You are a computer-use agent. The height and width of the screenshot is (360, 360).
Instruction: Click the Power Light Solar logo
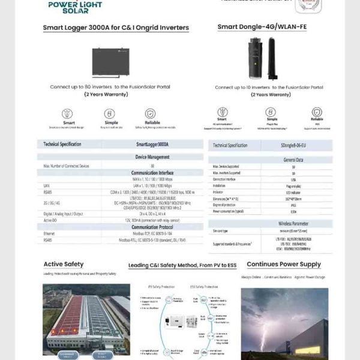point(75,7)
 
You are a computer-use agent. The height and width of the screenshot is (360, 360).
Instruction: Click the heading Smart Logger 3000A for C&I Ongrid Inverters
point(115,28)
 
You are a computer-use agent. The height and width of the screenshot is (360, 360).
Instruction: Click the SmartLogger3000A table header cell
point(152,145)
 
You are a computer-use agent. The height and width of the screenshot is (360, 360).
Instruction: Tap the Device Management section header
point(152,157)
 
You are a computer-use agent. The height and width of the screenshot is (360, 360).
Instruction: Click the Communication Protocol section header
point(152,227)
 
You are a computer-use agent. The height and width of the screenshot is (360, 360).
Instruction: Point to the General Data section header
point(293,160)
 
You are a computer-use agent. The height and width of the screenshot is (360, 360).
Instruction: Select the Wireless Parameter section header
point(293,223)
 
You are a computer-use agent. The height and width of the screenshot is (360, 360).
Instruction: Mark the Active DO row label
point(50,220)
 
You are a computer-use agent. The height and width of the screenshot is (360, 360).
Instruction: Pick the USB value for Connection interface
point(293,179)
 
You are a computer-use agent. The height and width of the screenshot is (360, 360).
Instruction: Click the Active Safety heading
point(63,264)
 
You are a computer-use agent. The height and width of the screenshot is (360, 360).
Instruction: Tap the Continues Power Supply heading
point(284,264)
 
